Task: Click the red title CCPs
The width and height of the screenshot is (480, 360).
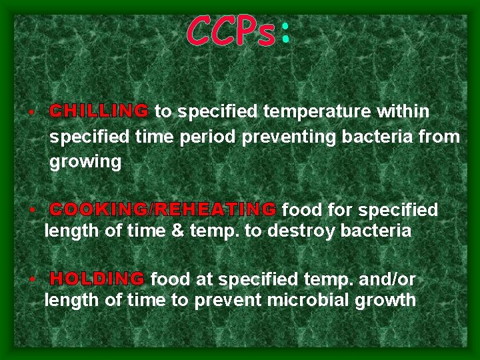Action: (230, 31)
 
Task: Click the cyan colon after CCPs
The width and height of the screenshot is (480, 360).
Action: (285, 33)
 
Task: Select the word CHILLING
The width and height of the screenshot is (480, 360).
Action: (99, 111)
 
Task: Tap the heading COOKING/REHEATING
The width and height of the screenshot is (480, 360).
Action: (163, 210)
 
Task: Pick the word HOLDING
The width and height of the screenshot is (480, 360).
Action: (97, 279)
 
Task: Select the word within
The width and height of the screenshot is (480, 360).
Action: (403, 111)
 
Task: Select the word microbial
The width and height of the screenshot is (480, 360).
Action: (304, 300)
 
